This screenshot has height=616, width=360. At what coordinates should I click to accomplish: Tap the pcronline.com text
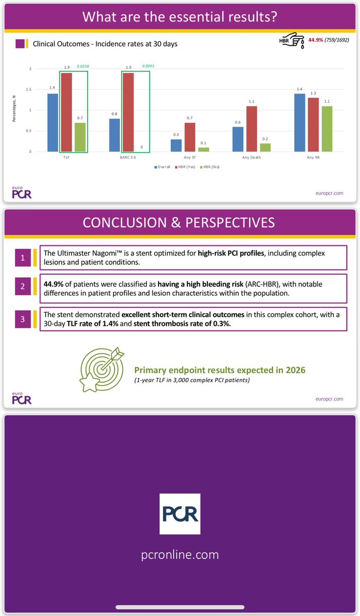coord(180,554)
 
